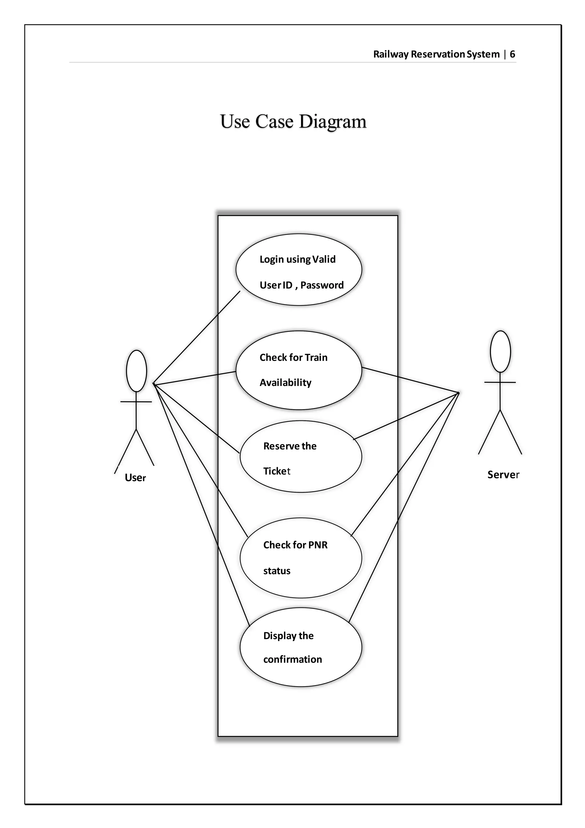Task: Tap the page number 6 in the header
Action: tap(512, 54)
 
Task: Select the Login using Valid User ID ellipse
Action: tap(298, 270)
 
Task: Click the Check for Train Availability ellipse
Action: tap(298, 370)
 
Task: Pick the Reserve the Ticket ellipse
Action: tap(301, 457)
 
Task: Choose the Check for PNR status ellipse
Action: tap(301, 558)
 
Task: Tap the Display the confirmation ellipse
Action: tap(301, 647)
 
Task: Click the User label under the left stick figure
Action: tap(135, 478)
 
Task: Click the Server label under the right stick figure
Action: tap(503, 475)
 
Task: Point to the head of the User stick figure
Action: tap(137, 371)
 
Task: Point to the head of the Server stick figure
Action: tap(500, 351)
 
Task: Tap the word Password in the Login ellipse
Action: tap(322, 285)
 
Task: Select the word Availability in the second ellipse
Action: tap(285, 383)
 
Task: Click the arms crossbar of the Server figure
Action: tap(500, 382)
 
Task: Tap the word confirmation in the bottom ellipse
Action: tap(292, 659)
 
